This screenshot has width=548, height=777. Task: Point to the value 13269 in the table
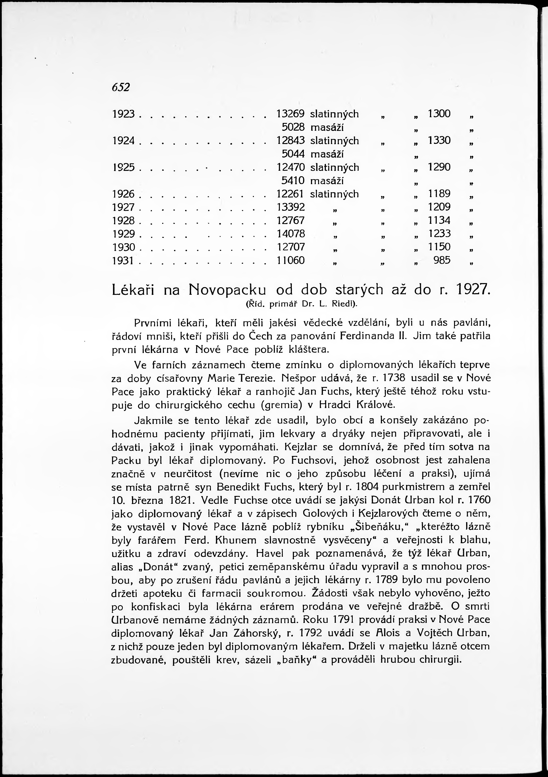coord(291,114)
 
